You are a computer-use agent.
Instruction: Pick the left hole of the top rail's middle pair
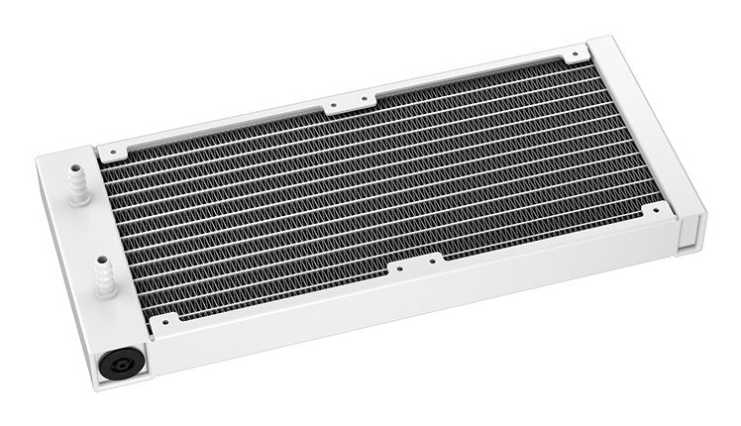pyautogui.click(x=335, y=107)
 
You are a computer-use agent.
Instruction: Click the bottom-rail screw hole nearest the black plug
pyautogui.click(x=164, y=321)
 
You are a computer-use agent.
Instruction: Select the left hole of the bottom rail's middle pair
pyautogui.click(x=398, y=267)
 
